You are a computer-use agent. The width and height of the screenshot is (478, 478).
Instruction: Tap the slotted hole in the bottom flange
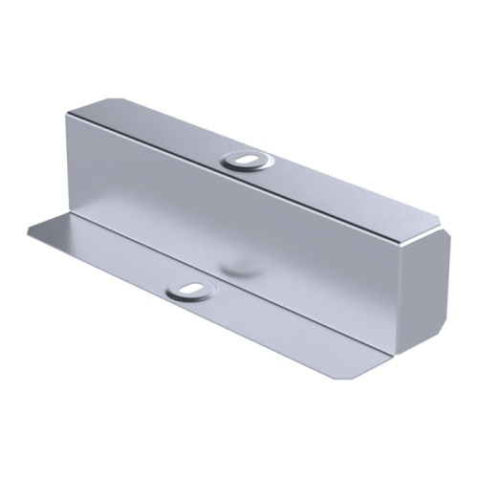pos(189,288)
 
